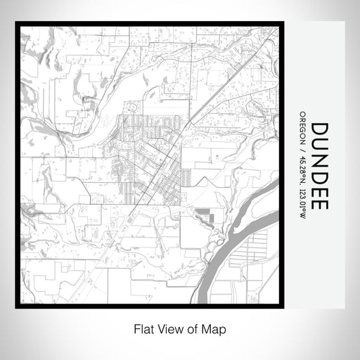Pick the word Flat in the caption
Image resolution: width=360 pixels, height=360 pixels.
click(143, 328)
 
